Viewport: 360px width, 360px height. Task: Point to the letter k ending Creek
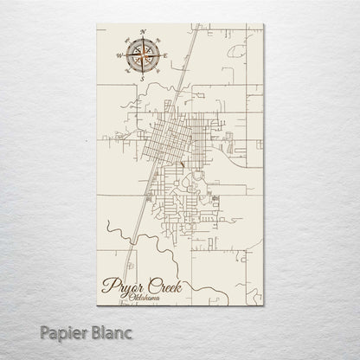tap(178, 283)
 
